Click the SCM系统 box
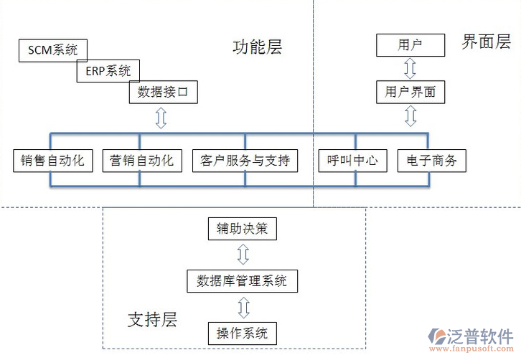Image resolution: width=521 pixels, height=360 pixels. [52, 49]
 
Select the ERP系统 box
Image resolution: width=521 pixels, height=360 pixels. [108, 70]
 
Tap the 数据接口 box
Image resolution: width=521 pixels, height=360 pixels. [162, 92]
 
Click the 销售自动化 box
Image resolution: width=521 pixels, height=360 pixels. [53, 161]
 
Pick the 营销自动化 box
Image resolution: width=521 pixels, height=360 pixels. [142, 161]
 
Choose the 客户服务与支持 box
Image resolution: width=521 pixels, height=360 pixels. [245, 161]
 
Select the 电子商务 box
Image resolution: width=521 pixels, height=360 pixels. [431, 161]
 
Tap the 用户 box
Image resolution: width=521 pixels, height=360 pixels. [410, 45]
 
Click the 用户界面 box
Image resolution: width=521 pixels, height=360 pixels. [410, 92]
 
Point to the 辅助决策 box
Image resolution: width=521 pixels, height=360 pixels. [242, 229]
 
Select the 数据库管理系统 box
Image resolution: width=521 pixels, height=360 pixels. [242, 280]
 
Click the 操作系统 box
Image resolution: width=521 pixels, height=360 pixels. [242, 333]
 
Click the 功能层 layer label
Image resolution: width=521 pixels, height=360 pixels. [257, 47]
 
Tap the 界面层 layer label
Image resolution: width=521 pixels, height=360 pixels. [486, 42]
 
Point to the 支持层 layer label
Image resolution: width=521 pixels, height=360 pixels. [152, 319]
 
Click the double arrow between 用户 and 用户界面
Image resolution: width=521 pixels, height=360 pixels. [410, 69]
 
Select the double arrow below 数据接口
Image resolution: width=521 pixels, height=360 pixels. [161, 118]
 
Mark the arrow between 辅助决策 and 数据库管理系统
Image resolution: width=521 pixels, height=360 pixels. [243, 255]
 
